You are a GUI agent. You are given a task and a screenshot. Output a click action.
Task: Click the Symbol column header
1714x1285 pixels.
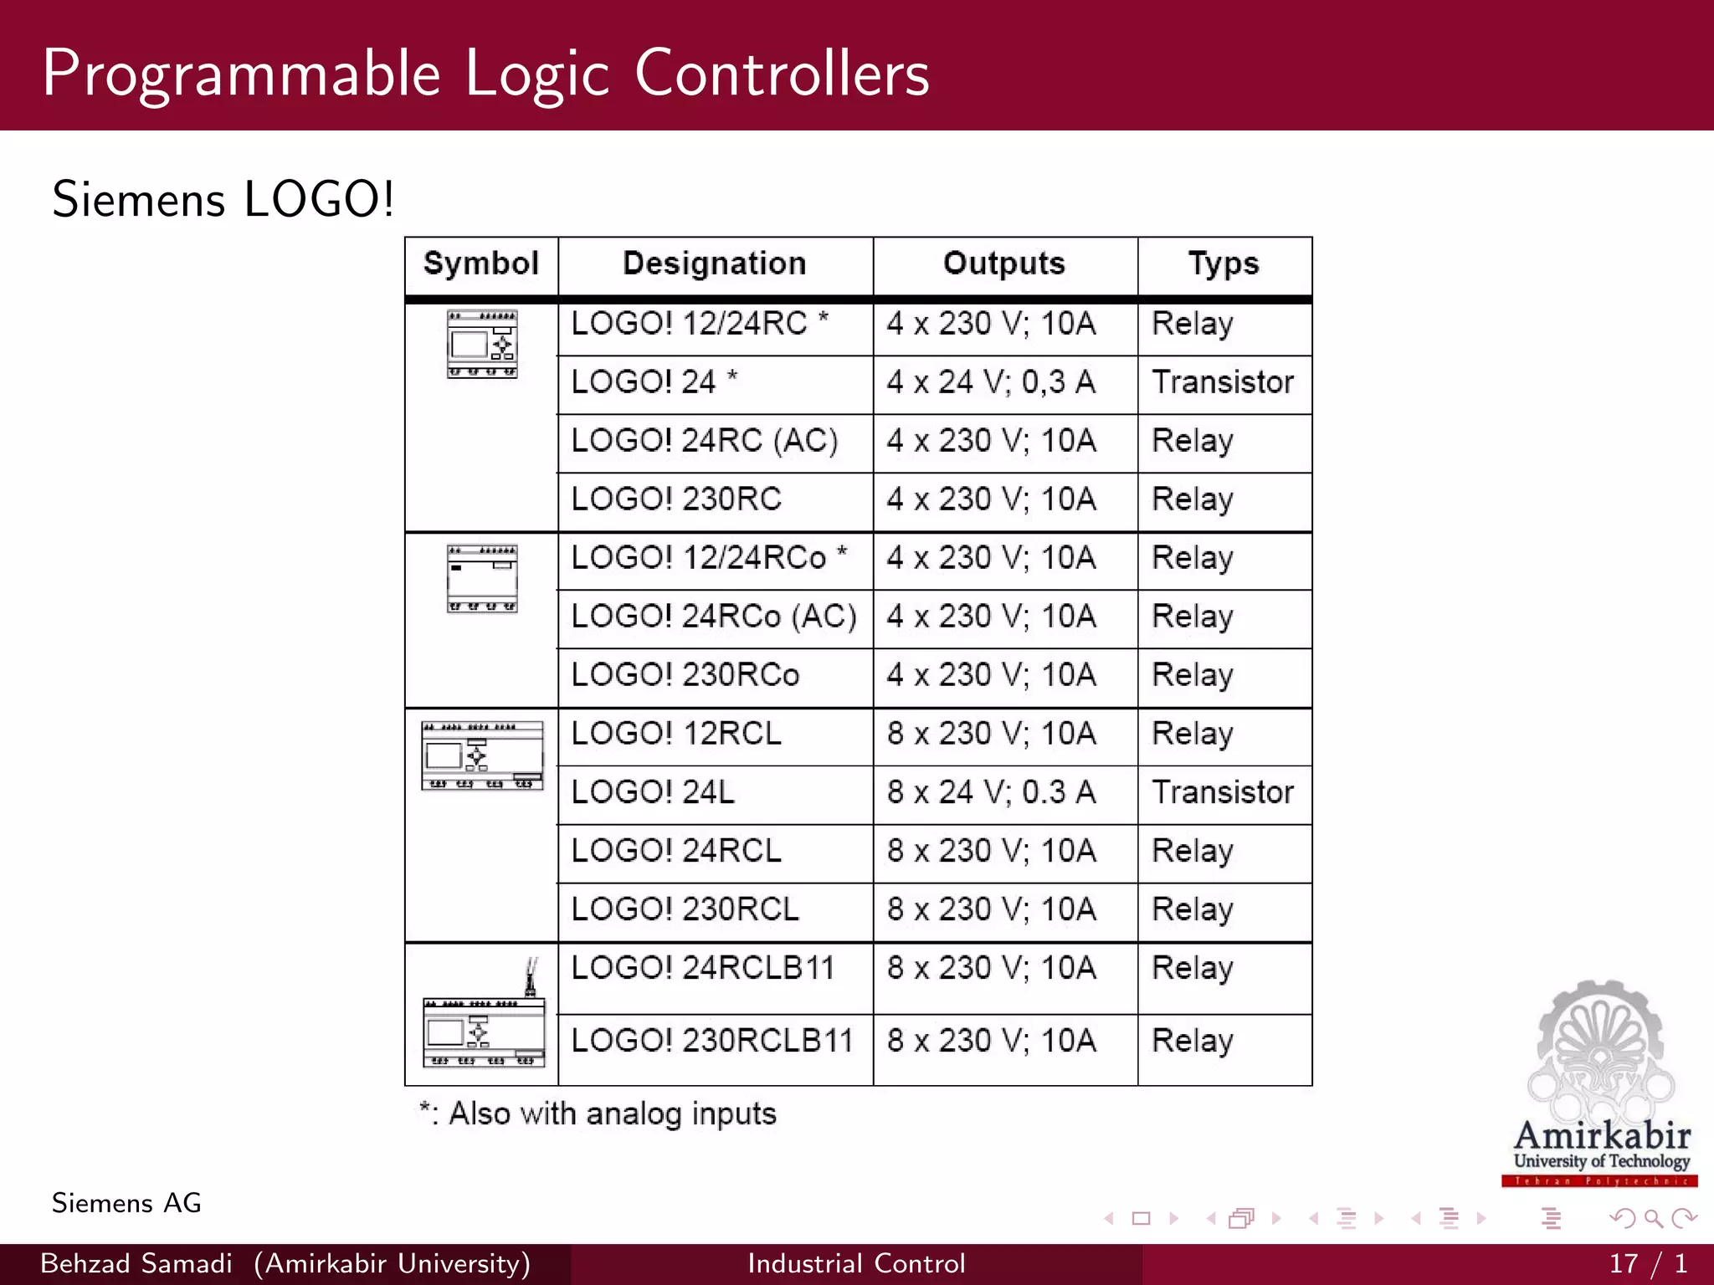481,264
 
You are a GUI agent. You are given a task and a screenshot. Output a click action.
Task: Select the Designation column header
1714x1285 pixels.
715,264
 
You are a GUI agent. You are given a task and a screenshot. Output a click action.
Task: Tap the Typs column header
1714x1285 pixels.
1224,264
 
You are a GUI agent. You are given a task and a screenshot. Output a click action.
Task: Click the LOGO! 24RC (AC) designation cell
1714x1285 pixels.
705,441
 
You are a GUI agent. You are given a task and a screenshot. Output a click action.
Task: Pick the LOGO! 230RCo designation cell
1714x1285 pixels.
685,675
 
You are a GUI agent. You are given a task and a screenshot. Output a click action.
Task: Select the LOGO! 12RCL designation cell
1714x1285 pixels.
676,734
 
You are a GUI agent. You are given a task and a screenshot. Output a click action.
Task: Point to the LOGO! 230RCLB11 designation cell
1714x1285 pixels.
712,1041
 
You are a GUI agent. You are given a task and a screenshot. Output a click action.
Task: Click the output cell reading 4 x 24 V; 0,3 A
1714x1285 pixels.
992,382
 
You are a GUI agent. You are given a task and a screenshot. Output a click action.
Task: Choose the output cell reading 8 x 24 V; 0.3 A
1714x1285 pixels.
992,792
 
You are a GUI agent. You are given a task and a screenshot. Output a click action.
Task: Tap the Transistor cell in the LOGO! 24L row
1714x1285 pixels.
1223,792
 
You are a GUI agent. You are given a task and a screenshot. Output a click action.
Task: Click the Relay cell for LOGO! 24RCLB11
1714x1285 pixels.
1193,969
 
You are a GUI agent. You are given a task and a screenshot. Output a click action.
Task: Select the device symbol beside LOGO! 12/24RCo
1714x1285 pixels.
482,579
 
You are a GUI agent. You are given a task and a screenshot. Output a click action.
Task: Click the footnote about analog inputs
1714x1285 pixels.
598,1114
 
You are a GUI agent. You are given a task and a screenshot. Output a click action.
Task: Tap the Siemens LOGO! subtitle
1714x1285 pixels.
223,200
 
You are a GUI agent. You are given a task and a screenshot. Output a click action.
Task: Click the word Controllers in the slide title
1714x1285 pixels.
782,74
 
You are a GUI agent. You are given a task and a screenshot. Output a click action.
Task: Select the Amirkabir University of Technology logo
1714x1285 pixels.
1600,1083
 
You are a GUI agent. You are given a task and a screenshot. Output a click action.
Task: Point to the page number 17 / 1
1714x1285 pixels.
1648,1263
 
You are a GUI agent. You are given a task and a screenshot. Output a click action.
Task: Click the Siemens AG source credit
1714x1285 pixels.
126,1203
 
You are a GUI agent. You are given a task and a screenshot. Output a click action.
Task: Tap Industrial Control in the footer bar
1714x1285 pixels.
856,1263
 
